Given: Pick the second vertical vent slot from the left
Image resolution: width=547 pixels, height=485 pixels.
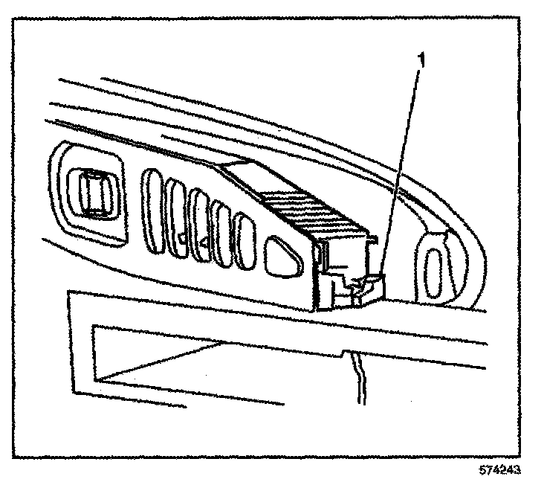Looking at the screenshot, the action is pos(178,211).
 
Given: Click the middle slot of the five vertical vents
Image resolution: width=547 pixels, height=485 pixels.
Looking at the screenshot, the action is pos(199,219).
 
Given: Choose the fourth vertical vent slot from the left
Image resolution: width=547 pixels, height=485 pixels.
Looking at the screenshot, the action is pos(221,225).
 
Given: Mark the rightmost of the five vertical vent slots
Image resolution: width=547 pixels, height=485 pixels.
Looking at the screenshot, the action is pos(244,234).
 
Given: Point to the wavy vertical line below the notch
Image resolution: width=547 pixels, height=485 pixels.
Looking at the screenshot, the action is pos(360,376).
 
